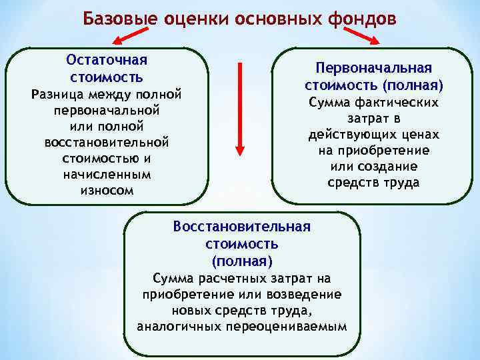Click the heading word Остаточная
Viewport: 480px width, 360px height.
pos(107,59)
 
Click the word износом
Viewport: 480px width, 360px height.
pos(107,190)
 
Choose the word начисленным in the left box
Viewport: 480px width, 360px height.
pos(107,174)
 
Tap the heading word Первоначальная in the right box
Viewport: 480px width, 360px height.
pos(374,69)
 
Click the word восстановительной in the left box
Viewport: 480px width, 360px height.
pos(107,142)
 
